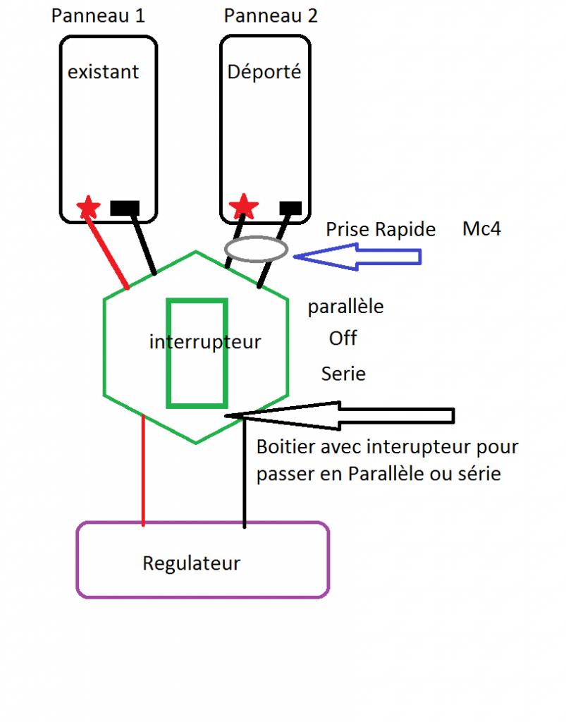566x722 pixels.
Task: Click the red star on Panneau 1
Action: point(88,207)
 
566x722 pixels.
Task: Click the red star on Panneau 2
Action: point(243,206)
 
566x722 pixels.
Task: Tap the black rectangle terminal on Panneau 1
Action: point(125,208)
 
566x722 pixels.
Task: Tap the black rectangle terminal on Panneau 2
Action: point(290,208)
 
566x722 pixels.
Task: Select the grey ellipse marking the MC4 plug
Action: point(257,249)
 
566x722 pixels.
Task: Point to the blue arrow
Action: point(357,257)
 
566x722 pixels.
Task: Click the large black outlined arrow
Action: point(340,416)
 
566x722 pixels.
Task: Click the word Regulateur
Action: point(192,563)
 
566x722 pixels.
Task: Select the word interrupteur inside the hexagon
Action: point(205,342)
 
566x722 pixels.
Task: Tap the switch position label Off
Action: point(343,338)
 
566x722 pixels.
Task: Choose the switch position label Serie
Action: point(343,374)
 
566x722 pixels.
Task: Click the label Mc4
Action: point(482,229)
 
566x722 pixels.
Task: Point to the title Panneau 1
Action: point(98,16)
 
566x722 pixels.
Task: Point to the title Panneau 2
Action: point(271,16)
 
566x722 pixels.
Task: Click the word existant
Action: point(103,72)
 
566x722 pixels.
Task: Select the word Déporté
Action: point(264,71)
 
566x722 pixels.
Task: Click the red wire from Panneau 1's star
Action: point(107,252)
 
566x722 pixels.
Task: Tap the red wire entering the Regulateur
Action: point(144,470)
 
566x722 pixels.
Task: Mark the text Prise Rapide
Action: point(381,229)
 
